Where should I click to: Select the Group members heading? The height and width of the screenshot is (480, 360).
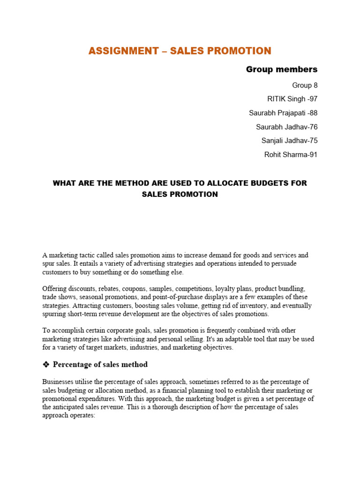(282, 69)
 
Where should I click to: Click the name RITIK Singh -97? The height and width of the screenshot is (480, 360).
(292, 99)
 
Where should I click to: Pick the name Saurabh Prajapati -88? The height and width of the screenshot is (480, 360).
(283, 113)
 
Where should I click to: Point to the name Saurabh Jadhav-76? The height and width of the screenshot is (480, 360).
(286, 127)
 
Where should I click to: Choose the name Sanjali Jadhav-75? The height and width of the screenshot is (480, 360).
(289, 141)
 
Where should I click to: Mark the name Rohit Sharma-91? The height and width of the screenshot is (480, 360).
(291, 155)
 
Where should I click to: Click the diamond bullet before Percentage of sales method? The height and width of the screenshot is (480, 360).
(46, 365)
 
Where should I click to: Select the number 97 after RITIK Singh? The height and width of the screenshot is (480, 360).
(313, 99)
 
